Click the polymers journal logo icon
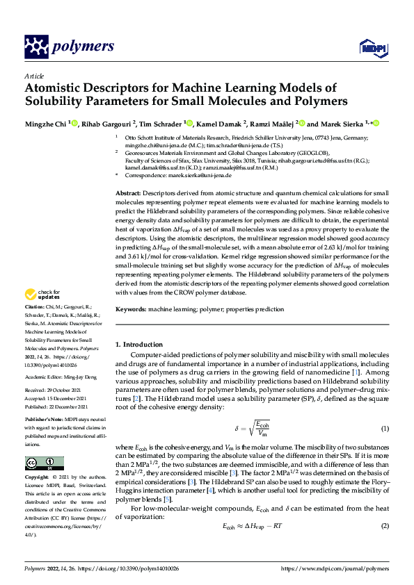(35, 47)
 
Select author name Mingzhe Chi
(46, 124)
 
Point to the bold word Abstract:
(128, 192)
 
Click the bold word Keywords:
(130, 308)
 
